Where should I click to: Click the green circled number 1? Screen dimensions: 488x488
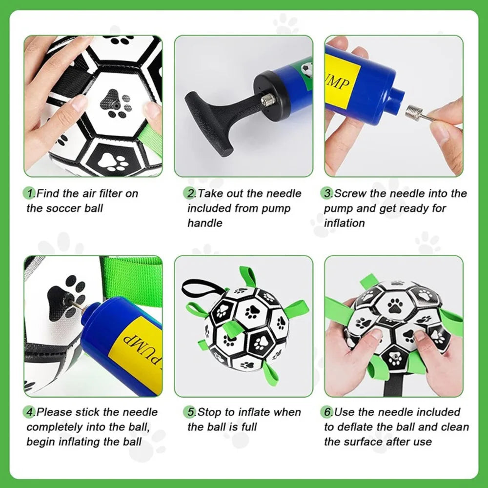tap(30, 193)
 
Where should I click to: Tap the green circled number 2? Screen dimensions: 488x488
tap(189, 193)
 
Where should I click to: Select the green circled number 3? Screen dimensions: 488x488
tap(327, 193)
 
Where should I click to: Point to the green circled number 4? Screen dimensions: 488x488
tap(30, 412)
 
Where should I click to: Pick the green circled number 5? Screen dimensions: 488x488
tap(189, 412)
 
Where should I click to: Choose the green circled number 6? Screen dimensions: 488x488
tap(327, 412)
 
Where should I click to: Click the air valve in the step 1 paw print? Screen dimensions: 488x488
tap(116, 105)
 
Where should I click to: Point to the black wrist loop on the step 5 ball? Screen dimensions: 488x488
tap(199, 288)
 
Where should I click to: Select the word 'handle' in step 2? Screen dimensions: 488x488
tap(205, 223)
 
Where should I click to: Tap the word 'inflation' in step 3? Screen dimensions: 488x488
tap(344, 223)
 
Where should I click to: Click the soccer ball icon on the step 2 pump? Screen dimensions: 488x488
tap(307, 69)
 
